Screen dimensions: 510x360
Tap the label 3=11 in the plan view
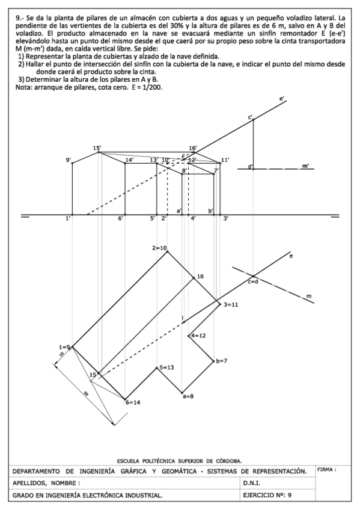click(231, 305)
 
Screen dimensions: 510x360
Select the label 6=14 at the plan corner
click(133, 402)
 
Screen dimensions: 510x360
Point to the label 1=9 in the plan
click(64, 347)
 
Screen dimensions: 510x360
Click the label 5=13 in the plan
click(166, 367)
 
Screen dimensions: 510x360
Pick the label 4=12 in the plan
click(199, 335)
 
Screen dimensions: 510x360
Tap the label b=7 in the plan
click(221, 361)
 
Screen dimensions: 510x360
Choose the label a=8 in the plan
click(188, 396)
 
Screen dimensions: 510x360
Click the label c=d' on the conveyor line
click(253, 281)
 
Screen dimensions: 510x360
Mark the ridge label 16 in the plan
click(201, 276)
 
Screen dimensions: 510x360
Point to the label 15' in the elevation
click(97, 148)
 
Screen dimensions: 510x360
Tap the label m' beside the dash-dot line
click(306, 165)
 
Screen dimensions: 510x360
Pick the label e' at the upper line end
click(282, 98)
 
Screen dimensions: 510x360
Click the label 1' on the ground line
click(69, 219)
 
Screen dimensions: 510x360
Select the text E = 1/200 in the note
click(147, 87)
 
